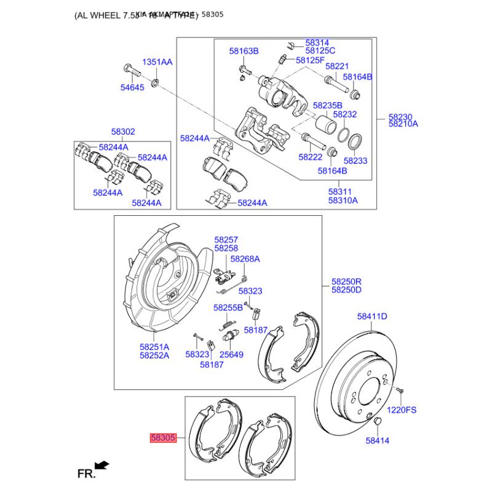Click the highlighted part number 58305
(164, 438)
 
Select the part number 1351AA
(157, 62)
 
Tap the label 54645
(132, 88)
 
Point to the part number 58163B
(244, 50)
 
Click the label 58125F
(310, 60)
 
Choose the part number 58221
(337, 66)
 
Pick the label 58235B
(327, 105)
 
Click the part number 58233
(355, 161)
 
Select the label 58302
(123, 132)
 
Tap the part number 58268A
(245, 259)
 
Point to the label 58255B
(228, 307)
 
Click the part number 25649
(232, 355)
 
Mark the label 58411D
(372, 317)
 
